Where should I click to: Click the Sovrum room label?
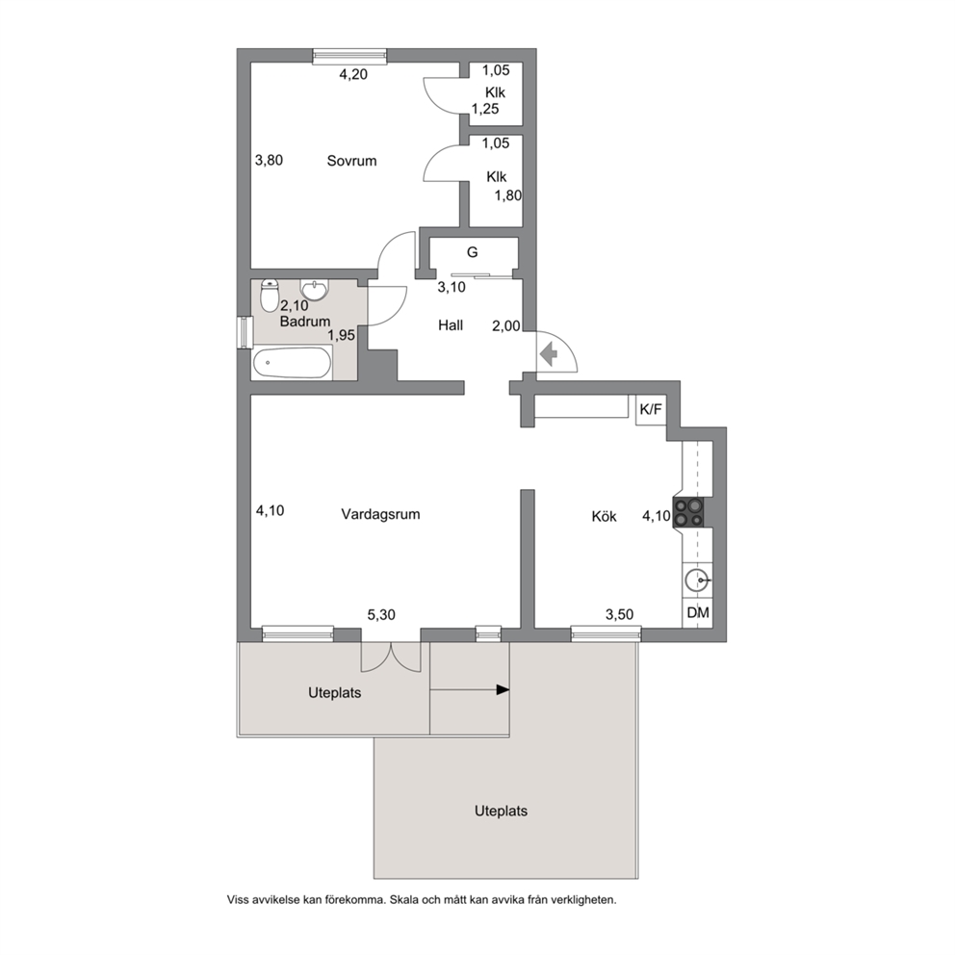click(x=351, y=161)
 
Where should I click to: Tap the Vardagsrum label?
click(x=380, y=514)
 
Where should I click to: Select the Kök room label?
click(x=605, y=516)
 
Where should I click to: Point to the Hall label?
click(x=451, y=325)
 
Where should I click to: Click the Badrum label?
click(x=305, y=321)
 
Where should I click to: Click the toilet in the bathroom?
click(x=270, y=295)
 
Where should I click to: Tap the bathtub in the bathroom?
click(x=293, y=363)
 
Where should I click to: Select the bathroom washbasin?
click(x=314, y=290)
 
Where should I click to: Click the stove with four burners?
click(x=688, y=512)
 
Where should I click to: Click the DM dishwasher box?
click(x=698, y=612)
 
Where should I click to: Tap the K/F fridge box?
click(x=651, y=410)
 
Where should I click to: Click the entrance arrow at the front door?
click(x=550, y=354)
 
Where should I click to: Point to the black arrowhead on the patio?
click(x=503, y=690)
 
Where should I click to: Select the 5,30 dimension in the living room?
click(x=381, y=615)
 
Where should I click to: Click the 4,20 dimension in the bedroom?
click(x=353, y=74)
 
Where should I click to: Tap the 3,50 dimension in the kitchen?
click(x=619, y=615)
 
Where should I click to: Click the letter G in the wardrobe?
click(x=472, y=252)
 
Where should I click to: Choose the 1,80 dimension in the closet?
click(x=508, y=195)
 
